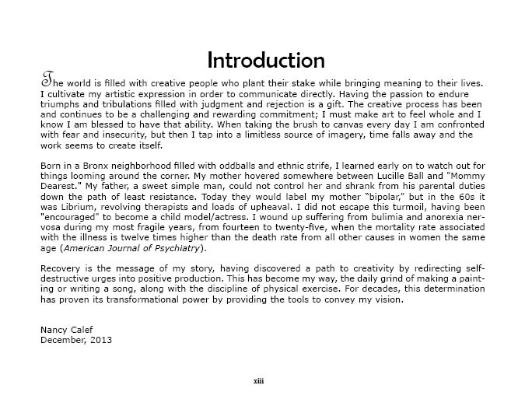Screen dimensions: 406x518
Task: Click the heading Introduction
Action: pyautogui.click(x=255, y=60)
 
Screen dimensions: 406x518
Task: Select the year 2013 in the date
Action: pyautogui.click(x=98, y=340)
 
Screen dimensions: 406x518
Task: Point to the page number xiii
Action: pyautogui.click(x=258, y=381)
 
